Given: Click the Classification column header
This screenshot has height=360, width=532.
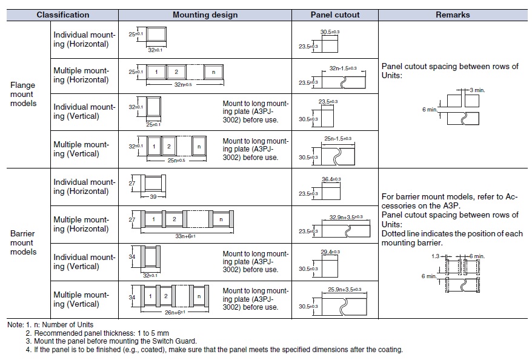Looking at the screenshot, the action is (x=63, y=15).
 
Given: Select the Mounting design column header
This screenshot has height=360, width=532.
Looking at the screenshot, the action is (x=205, y=15).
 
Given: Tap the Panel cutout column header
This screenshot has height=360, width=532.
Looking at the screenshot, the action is (x=335, y=15).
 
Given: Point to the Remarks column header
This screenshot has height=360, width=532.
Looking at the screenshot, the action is (x=453, y=15).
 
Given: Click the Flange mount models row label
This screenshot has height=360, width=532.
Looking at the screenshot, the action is (x=23, y=94).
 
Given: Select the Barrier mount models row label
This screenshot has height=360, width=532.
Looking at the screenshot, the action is (x=23, y=242).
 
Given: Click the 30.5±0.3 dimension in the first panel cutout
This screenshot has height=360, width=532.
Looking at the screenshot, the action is (x=330, y=32).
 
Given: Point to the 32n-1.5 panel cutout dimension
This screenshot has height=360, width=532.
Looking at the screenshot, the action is (x=343, y=68).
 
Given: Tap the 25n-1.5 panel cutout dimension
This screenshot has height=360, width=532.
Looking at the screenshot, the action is (x=337, y=138).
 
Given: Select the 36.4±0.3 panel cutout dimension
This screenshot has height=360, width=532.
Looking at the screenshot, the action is (x=331, y=179).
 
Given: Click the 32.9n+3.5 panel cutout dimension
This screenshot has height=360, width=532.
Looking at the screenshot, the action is (x=346, y=217).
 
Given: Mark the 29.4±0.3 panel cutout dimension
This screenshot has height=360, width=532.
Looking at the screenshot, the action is (x=330, y=252).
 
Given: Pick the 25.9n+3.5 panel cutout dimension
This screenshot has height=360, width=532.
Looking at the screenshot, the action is (x=344, y=290).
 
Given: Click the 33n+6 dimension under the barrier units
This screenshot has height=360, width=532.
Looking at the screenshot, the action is (x=185, y=236).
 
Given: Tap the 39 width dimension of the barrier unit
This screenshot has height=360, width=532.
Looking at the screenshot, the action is (x=153, y=197).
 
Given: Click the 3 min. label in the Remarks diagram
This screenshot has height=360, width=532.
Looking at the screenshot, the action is (x=477, y=90).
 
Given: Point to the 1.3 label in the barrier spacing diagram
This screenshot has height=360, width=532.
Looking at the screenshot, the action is (x=435, y=256).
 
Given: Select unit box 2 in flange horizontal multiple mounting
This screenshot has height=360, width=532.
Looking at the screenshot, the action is (x=176, y=72).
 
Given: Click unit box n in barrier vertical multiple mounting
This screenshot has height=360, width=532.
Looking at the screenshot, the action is (x=199, y=296).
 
